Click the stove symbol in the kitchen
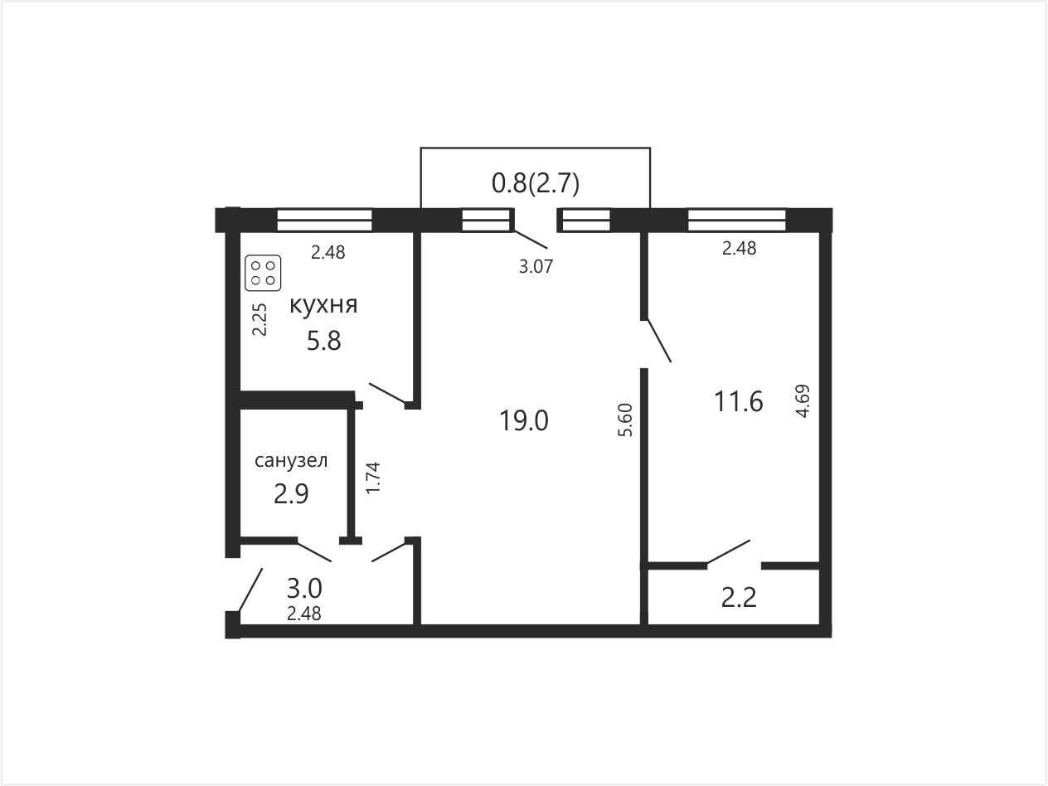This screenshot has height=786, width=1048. tap(263, 274)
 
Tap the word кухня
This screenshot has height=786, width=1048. tap(323, 305)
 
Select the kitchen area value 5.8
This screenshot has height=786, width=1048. tap(323, 342)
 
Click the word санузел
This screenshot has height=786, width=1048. tap(291, 461)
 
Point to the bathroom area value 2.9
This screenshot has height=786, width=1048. tap(291, 494)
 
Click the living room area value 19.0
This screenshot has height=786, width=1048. tap(524, 421)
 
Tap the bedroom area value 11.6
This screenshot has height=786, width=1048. tap(738, 400)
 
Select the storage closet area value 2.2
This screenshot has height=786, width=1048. tap(739, 599)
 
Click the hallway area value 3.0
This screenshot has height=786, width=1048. tap(304, 589)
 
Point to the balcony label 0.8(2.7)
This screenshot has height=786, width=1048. tap(536, 184)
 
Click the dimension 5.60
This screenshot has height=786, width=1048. tap(625, 420)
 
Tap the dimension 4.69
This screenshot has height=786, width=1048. tap(803, 401)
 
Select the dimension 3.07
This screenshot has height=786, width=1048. tap(536, 267)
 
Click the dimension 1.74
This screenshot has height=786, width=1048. tap(372, 478)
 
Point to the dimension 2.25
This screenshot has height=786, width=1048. tap(260, 320)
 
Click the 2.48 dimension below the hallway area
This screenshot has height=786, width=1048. tap(303, 614)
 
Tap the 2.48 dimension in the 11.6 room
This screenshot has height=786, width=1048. tap(739, 248)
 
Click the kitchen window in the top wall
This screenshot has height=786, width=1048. tap(324, 220)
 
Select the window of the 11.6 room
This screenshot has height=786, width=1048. tap(737, 220)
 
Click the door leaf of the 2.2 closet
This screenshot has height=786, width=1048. tap(728, 551)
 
